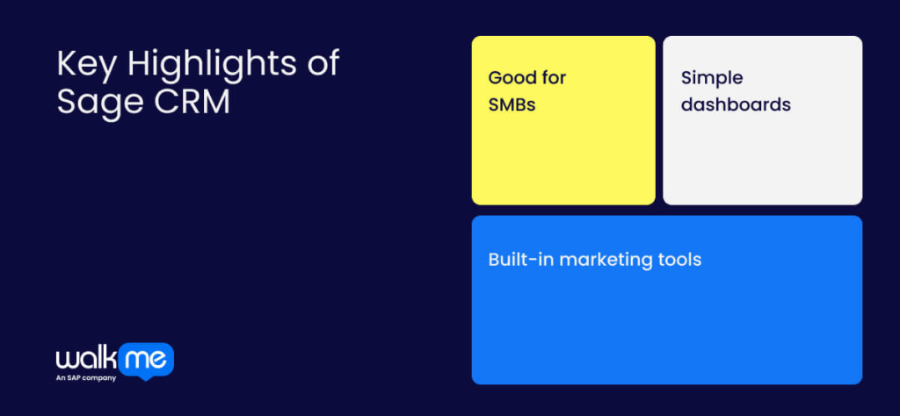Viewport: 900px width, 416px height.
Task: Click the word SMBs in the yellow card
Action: tap(512, 105)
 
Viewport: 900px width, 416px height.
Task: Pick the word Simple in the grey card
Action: tap(712, 78)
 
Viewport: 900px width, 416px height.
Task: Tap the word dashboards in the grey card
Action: tap(736, 104)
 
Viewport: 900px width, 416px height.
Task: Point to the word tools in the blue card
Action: tap(679, 260)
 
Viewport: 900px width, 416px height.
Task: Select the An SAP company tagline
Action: tap(86, 378)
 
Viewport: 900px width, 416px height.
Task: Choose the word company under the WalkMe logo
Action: tap(100, 378)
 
